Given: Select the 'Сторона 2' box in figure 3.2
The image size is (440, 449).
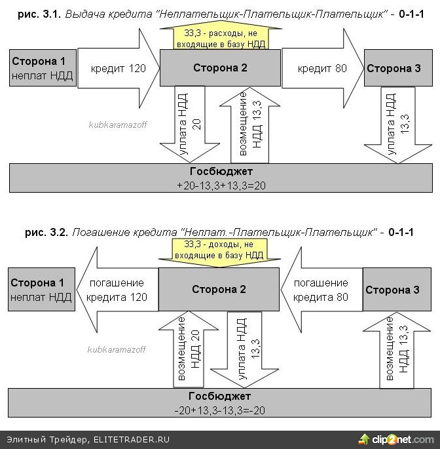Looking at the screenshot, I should click(x=219, y=289).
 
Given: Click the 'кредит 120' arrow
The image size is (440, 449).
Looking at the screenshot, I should click(x=118, y=68).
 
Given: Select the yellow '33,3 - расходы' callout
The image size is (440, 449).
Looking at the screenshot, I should click(x=219, y=37).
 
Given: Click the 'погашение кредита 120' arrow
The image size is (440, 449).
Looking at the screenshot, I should click(x=115, y=290).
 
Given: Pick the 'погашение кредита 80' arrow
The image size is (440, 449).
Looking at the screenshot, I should click(x=320, y=290).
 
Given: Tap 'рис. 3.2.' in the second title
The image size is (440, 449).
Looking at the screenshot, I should click(x=46, y=232).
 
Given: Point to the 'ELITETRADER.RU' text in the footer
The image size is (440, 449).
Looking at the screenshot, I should click(x=132, y=439).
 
